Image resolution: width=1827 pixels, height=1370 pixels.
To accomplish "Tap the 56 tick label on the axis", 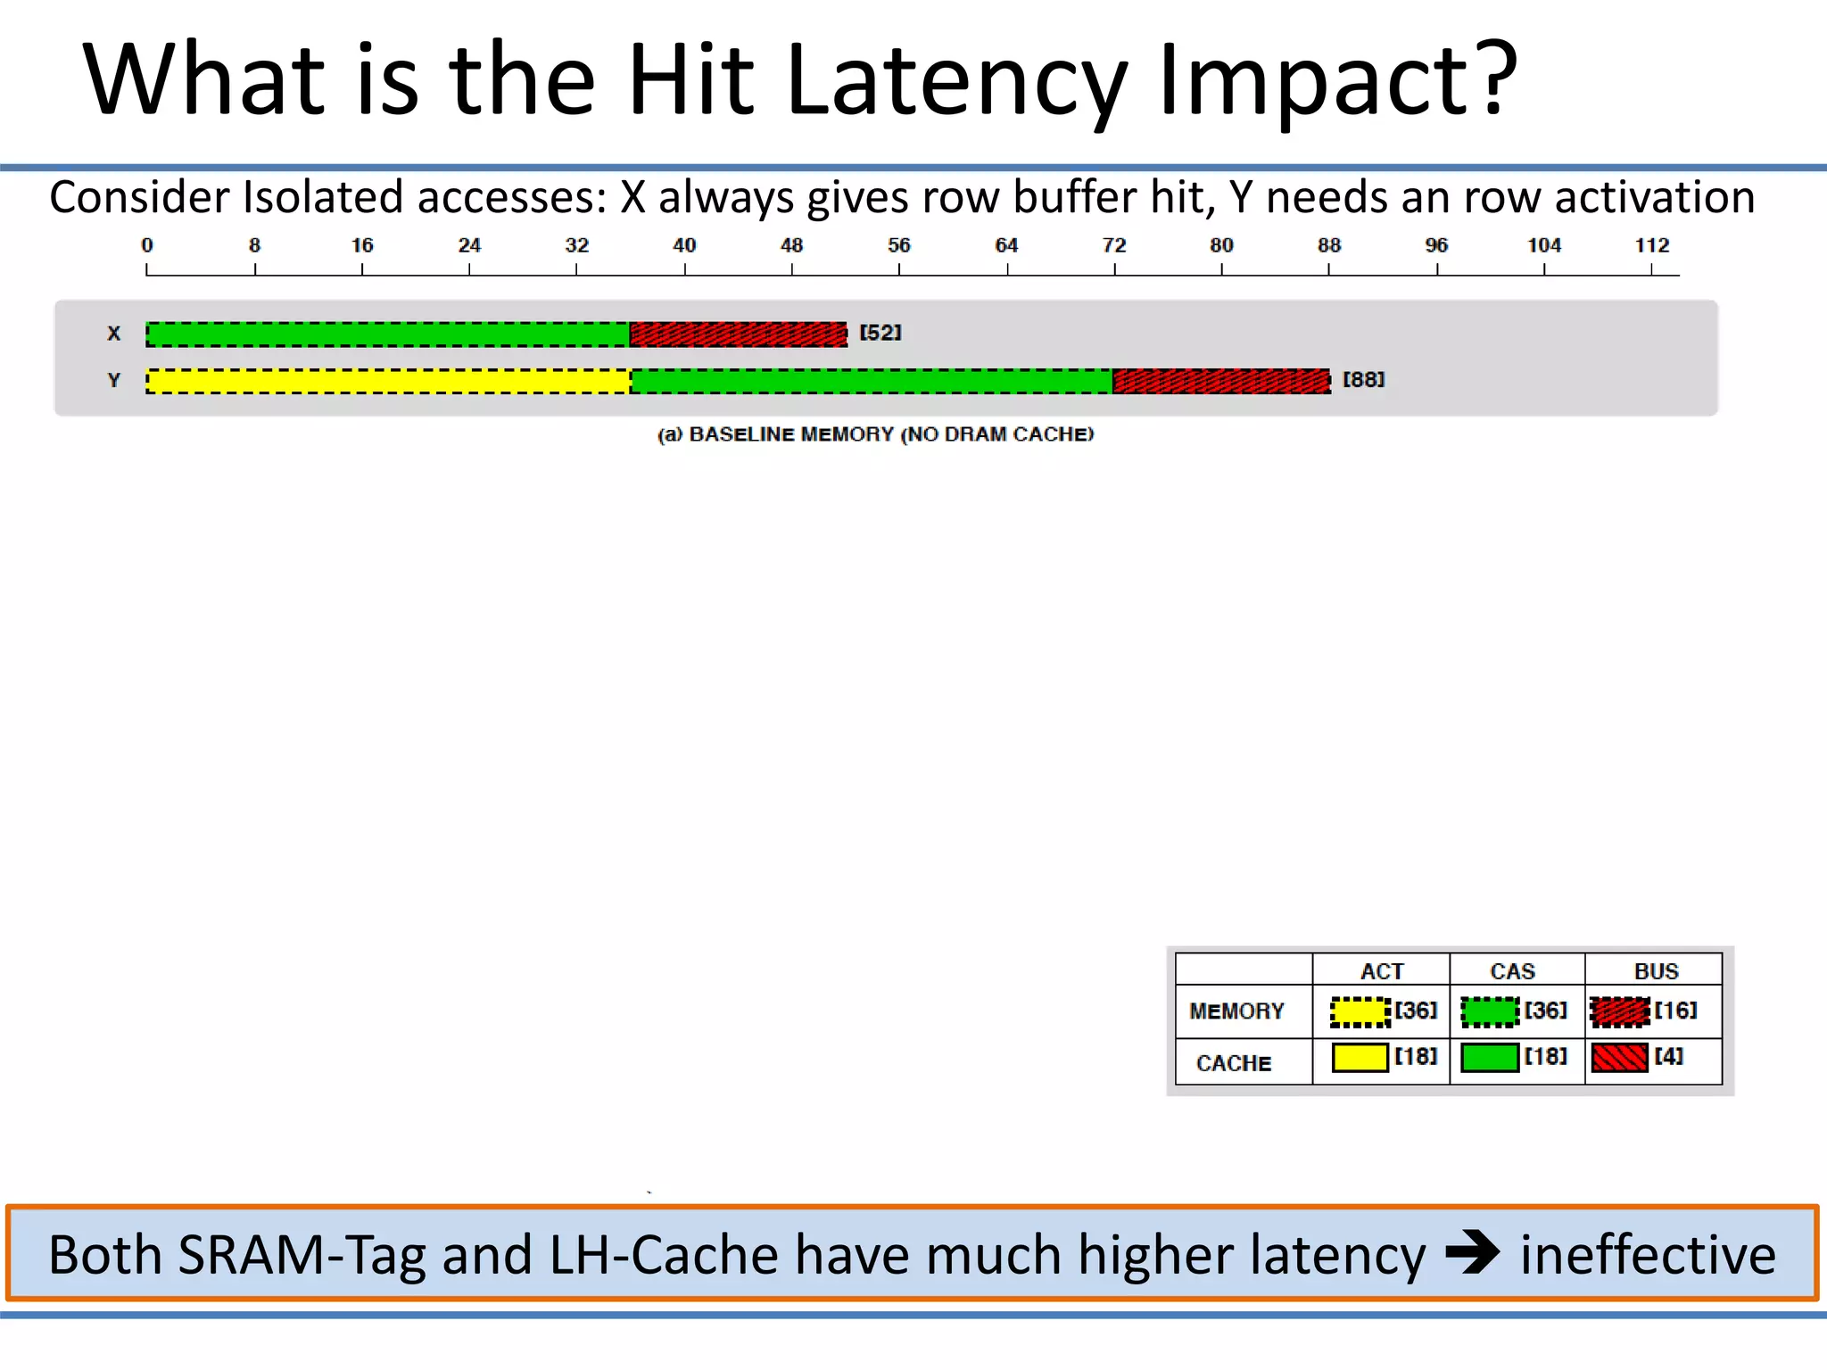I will click(x=898, y=245).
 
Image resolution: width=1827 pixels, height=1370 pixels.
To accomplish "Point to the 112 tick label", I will click(x=1651, y=245).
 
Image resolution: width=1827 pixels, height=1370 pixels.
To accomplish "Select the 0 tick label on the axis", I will click(x=147, y=245).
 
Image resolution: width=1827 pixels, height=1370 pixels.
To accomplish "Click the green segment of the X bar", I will click(x=388, y=334).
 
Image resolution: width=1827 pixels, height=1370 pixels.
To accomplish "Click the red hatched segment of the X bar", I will click(x=738, y=334).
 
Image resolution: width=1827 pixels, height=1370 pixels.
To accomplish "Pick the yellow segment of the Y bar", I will click(x=388, y=381).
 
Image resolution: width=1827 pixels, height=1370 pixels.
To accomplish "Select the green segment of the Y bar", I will click(x=872, y=381).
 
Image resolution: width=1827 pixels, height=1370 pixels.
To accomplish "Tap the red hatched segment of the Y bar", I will click(x=1221, y=381).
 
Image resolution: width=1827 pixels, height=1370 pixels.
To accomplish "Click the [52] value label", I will click(x=880, y=333).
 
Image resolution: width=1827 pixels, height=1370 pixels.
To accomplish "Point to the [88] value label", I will click(x=1364, y=380).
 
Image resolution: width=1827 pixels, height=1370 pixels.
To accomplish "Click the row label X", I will click(x=114, y=334).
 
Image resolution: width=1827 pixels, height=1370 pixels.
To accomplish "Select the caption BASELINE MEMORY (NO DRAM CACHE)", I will click(x=875, y=434).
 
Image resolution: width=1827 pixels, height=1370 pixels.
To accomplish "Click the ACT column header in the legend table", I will click(x=1382, y=971).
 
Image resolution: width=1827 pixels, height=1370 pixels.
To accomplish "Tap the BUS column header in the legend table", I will click(x=1656, y=971).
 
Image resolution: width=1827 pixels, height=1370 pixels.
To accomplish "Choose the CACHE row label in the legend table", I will click(x=1234, y=1063).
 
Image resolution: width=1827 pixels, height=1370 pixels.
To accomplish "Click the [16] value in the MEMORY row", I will click(x=1676, y=1011).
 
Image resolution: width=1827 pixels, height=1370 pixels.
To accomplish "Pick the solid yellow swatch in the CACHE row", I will click(x=1360, y=1058).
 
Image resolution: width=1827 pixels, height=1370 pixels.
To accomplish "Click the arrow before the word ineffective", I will click(x=1472, y=1253).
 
